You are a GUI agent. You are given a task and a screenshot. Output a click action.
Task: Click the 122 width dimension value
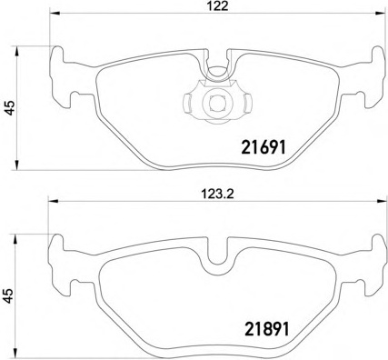pyautogui.click(x=218, y=6)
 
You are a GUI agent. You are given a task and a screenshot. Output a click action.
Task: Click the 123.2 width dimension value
pyautogui.click(x=217, y=194)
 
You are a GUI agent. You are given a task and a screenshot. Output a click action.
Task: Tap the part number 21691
pyautogui.click(x=264, y=148)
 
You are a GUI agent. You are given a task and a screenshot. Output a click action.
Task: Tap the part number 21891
pyautogui.click(x=267, y=330)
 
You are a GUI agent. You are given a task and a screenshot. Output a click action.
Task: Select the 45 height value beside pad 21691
pyautogui.click(x=11, y=108)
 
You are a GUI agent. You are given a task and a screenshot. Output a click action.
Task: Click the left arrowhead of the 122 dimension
pyautogui.click(x=54, y=13)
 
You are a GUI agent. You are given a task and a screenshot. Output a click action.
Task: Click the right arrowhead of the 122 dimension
pyautogui.click(x=380, y=13)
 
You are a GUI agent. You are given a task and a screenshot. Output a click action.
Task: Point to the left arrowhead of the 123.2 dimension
pyautogui.click(x=53, y=200)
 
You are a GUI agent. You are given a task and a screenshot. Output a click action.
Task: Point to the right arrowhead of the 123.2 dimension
pyautogui.click(x=380, y=200)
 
